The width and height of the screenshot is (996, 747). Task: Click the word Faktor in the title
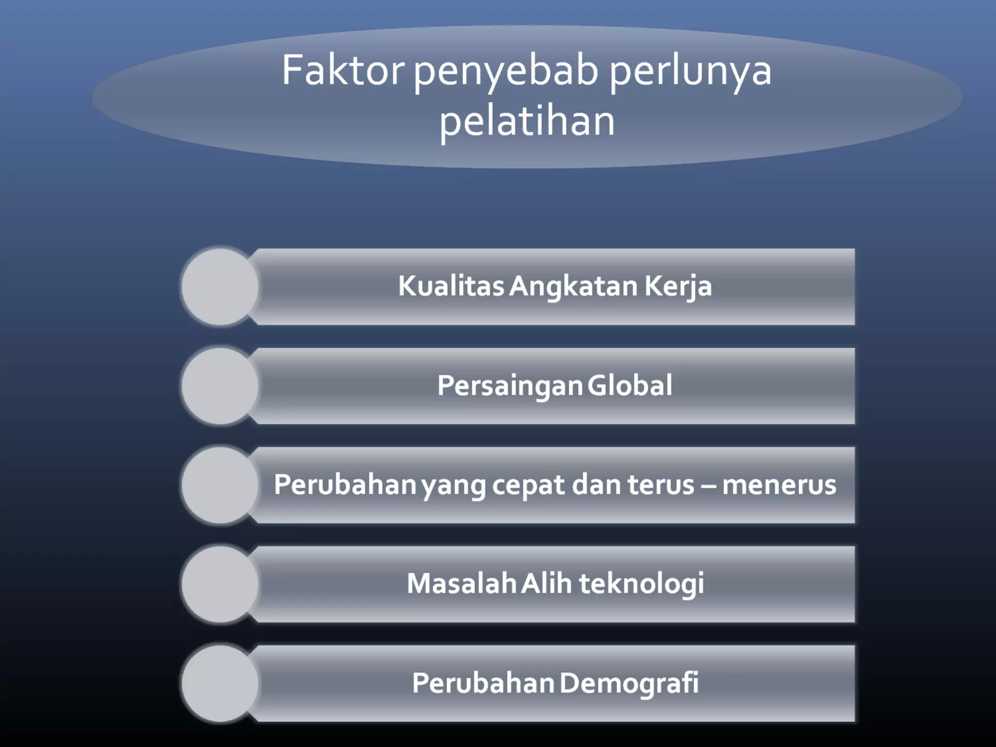point(342,71)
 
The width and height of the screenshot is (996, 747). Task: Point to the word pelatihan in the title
point(527,122)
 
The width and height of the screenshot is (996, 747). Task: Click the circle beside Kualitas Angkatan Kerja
point(220,287)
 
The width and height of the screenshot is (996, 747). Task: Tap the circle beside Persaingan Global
point(220,386)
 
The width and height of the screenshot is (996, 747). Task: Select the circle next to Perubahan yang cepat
point(220,485)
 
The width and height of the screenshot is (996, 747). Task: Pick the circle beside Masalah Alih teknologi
point(220,584)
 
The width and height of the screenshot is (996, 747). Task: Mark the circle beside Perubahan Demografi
point(220,683)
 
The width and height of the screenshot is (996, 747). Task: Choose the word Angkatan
point(573,286)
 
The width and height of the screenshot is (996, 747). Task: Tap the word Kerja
point(678,286)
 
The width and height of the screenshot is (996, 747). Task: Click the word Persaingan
point(510,386)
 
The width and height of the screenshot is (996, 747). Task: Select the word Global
point(630,385)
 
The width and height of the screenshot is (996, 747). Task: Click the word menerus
point(779,485)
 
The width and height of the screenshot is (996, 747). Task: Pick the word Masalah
point(461,584)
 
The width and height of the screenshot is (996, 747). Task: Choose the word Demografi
point(629,683)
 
